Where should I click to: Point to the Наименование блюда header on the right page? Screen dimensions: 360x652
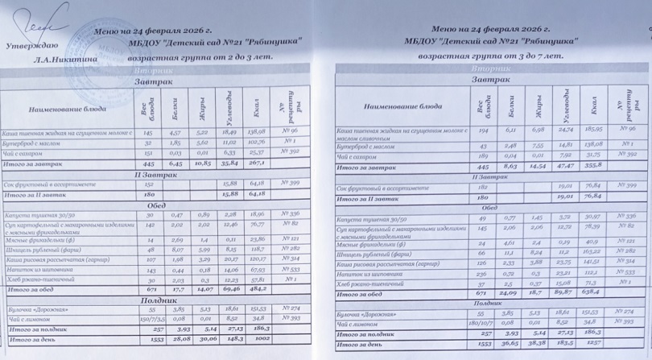tap(402, 106)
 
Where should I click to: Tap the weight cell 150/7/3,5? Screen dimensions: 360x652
tap(148, 319)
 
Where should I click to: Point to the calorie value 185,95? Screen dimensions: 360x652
tap(591, 129)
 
